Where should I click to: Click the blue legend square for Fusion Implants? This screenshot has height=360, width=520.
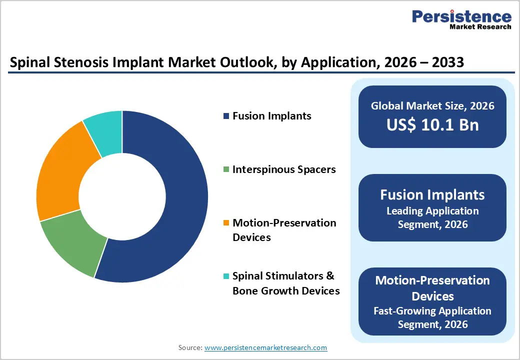[226, 116]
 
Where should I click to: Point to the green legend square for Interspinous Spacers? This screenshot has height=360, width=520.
[226, 170]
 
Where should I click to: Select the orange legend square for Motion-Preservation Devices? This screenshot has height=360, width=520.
[226, 223]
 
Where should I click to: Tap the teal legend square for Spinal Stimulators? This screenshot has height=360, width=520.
[226, 276]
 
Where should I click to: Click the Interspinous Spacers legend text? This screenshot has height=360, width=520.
[284, 169]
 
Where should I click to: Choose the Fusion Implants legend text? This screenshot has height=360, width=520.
[271, 116]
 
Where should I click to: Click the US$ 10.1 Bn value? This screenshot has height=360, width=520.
[432, 124]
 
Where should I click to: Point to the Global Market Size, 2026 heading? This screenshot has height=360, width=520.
[432, 105]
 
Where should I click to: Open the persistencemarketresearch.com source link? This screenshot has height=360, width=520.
[265, 347]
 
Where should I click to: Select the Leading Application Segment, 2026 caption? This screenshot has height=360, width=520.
[432, 217]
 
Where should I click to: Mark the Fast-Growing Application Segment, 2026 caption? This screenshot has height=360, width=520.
[432, 317]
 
